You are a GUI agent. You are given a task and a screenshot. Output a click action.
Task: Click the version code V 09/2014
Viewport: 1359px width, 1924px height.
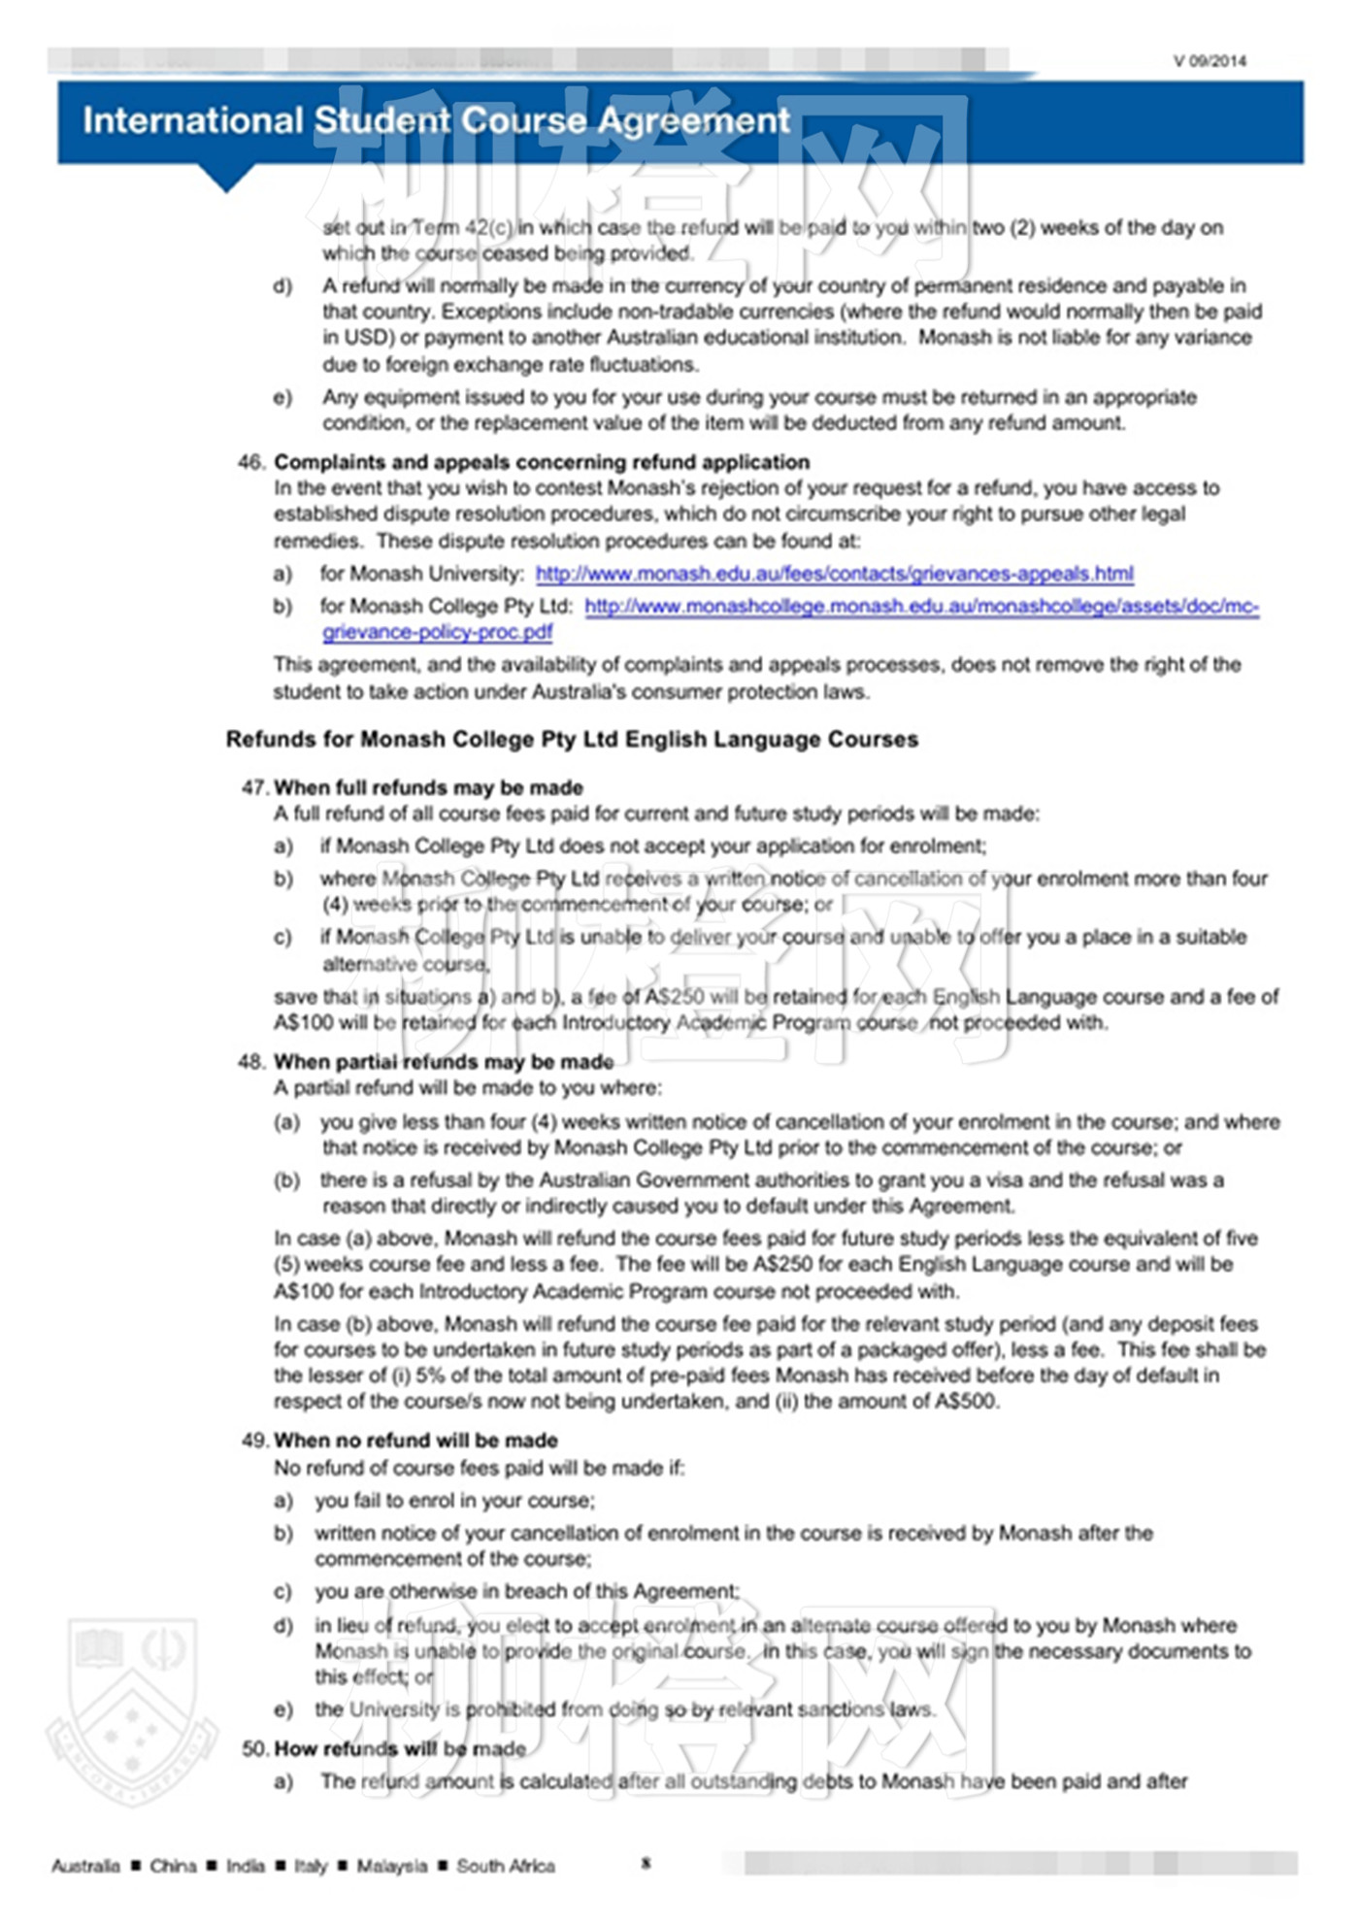[1209, 61]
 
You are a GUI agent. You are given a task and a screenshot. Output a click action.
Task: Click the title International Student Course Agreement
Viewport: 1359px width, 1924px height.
[436, 121]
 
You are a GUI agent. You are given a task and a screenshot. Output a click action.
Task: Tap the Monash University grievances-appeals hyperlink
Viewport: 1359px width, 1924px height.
[834, 574]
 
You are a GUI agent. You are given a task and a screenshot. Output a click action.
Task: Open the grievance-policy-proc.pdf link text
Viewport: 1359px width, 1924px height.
[438, 632]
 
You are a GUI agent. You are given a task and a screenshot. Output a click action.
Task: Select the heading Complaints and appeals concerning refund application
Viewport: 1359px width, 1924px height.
[542, 462]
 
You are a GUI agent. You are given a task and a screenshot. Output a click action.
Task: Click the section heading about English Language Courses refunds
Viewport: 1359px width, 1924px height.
[572, 740]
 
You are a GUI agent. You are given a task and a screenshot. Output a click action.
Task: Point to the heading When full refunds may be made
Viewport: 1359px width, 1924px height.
[428, 787]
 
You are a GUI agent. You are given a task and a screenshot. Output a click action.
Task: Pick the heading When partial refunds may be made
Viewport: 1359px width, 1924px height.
[444, 1062]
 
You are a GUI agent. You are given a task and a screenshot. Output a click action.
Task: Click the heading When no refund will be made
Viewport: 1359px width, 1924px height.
[415, 1441]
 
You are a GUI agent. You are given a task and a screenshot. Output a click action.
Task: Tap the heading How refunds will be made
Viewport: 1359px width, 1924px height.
[400, 1749]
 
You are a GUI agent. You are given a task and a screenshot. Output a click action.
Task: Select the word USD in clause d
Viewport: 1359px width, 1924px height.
[365, 338]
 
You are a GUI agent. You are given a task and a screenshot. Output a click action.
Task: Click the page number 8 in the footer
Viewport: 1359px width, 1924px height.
[646, 1863]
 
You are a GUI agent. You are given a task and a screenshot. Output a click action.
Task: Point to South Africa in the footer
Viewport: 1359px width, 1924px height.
[506, 1866]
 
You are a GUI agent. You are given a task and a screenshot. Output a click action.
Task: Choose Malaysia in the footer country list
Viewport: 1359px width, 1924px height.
[391, 1866]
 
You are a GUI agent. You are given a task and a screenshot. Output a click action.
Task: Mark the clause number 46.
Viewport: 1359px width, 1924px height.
[251, 462]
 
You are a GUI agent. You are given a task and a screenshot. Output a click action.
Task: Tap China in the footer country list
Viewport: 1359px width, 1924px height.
[173, 1866]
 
